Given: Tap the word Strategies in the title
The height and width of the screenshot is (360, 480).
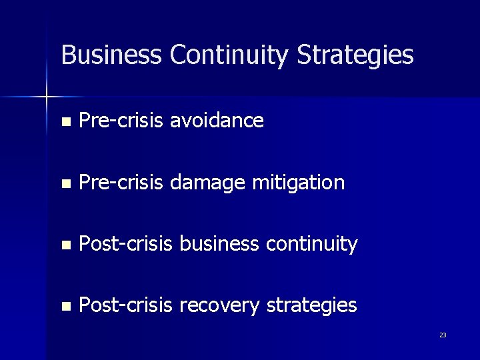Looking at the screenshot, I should tap(355, 55).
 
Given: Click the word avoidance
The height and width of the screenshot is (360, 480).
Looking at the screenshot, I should tap(217, 121).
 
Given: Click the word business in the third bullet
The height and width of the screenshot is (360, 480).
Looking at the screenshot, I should tap(219, 244).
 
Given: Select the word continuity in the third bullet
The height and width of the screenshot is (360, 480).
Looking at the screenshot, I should tap(312, 245).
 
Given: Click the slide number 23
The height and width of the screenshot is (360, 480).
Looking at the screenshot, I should tap(443, 335).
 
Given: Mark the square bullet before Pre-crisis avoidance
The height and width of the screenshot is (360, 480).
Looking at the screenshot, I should tap(65, 122).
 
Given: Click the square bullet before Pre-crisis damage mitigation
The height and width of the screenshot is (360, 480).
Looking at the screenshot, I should tap(65, 184).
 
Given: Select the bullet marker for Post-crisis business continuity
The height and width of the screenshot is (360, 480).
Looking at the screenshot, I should tap(65, 245).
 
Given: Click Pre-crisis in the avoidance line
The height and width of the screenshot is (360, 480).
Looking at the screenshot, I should tap(121, 121).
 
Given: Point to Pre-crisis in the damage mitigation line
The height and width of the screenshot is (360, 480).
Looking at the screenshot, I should tap(121, 183).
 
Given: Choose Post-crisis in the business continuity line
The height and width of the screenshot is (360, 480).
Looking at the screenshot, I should tap(126, 244).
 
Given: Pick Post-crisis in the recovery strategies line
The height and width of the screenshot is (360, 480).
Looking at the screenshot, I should tap(126, 306).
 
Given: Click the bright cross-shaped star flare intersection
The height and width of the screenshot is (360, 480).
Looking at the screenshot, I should tap(47, 97).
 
